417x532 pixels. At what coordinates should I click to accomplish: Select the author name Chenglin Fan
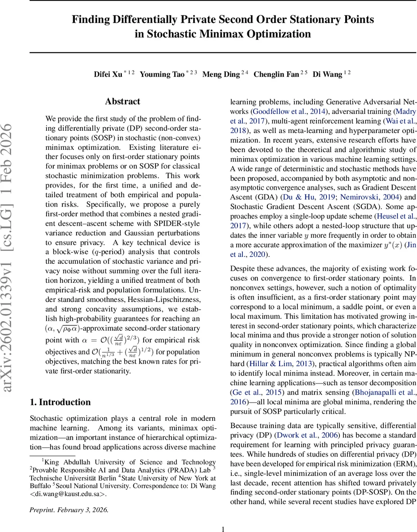(x=276, y=74)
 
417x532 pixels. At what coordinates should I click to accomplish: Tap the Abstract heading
(x=123, y=102)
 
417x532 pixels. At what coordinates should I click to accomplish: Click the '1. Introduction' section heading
(x=60, y=402)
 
